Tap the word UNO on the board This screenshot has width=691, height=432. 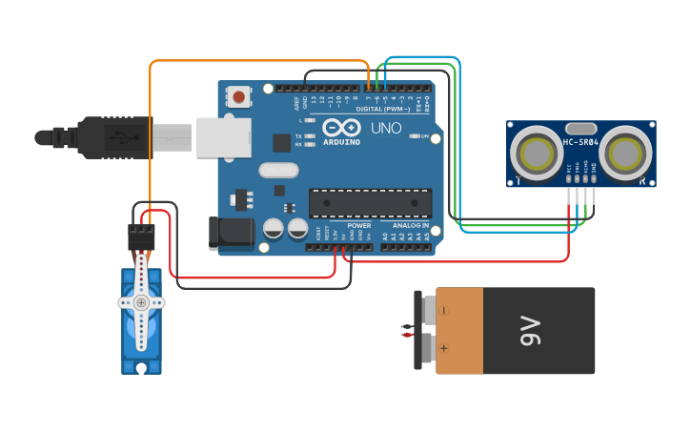(386, 129)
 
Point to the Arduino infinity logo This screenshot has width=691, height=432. (340, 128)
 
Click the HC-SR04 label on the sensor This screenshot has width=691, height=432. (580, 143)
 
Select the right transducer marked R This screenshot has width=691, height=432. (628, 152)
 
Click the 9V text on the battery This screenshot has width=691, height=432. (530, 332)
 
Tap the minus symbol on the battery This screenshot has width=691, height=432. (443, 309)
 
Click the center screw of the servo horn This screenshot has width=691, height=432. (141, 302)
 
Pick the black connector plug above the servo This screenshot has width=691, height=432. (141, 237)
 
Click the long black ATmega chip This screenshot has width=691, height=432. (370, 202)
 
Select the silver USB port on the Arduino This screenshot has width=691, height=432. (223, 137)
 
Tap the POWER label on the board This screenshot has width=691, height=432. (359, 226)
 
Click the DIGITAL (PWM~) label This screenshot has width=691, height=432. (382, 109)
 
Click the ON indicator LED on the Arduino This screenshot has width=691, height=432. (414, 136)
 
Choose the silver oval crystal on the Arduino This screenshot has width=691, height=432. (278, 170)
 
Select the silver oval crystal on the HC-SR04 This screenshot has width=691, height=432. (580, 128)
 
